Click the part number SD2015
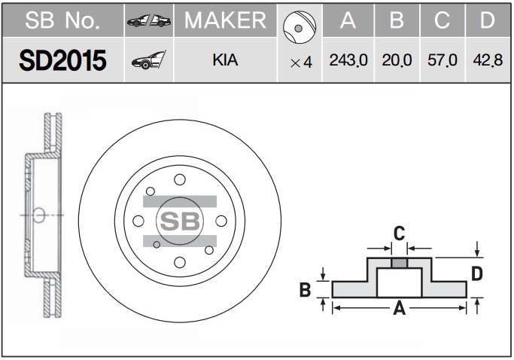coord(62,60)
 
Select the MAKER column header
coord(225,20)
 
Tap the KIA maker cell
coord(225,60)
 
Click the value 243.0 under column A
coord(348,60)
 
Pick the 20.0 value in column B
coord(397,60)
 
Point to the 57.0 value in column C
coord(443,60)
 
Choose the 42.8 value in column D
coord(488,60)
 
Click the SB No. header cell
coord(62,20)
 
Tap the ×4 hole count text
coord(301,63)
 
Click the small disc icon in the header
coord(300,27)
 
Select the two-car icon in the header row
coord(149,20)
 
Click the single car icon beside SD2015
coord(148,60)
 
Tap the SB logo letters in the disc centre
coord(180,221)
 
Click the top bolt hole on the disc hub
coord(180,179)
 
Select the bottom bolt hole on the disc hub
coord(180,262)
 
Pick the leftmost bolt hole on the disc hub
coord(138,221)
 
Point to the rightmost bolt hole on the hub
coord(221,221)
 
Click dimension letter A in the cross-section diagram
coord(400,309)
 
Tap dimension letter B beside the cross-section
coord(306,290)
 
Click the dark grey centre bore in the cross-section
coord(400,263)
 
